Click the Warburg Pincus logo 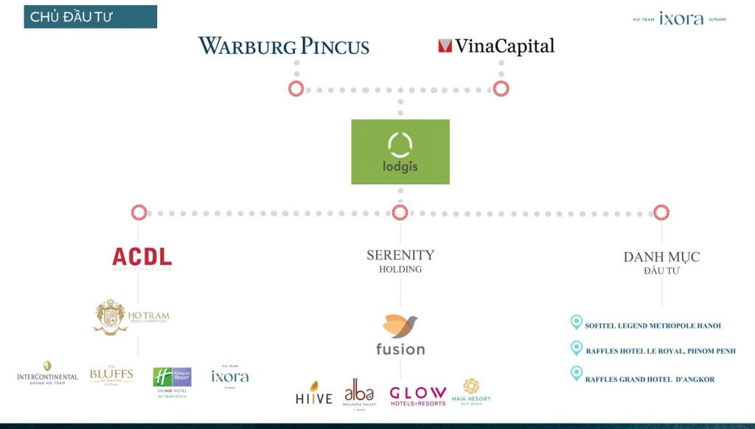[284, 46]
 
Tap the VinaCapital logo [495, 46]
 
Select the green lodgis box [400, 152]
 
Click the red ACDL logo [142, 257]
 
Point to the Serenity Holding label [400, 261]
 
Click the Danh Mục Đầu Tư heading [661, 262]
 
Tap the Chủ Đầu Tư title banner [90, 17]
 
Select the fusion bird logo [400, 335]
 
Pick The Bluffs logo [111, 375]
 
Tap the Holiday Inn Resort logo [172, 379]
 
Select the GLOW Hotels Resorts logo [417, 395]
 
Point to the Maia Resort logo [470, 390]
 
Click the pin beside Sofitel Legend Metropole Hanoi [577, 322]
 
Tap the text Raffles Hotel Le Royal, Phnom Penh [660, 352]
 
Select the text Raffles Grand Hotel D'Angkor [650, 380]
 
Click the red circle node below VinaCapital [501, 89]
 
